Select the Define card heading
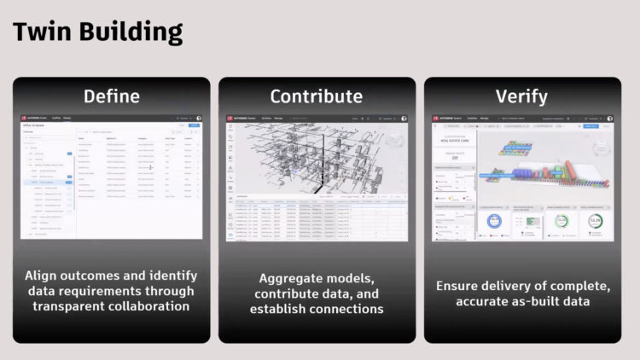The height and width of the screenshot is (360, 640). (111, 96)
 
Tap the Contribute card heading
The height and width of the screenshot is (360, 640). (317, 96)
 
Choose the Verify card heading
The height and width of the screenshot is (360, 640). (522, 96)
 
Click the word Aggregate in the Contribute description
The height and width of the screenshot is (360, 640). (291, 278)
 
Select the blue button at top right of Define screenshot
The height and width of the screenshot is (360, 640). (194, 126)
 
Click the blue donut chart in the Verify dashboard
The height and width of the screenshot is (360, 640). (495, 220)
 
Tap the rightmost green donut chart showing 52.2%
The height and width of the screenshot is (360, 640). (594, 220)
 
